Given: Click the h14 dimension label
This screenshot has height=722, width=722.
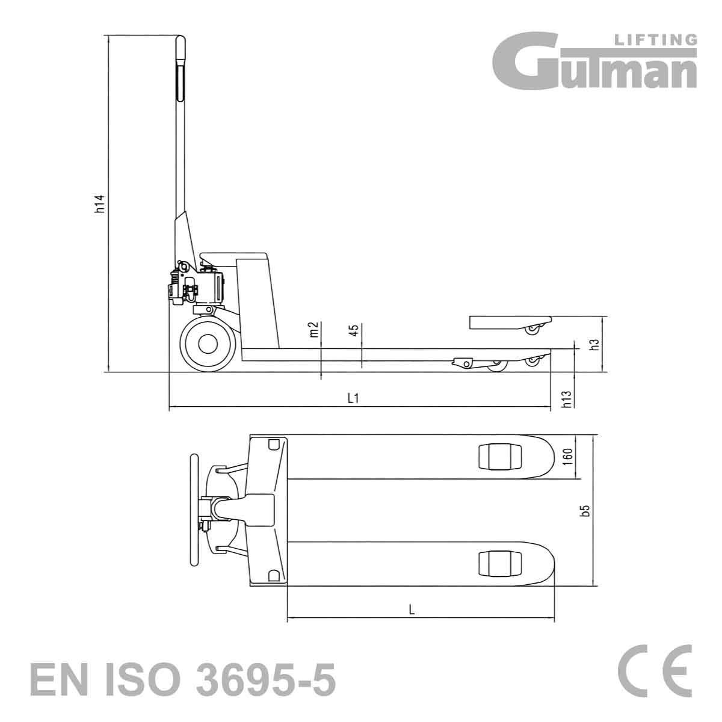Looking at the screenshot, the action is point(100,204).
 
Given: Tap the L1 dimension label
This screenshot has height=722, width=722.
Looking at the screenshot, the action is point(353,398).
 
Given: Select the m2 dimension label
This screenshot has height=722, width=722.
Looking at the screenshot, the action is point(314,329).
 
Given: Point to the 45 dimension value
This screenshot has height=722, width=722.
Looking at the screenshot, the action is point(354,329).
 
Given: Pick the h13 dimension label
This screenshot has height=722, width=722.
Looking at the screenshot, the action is point(567,400).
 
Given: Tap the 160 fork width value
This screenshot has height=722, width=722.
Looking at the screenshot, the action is point(568,457).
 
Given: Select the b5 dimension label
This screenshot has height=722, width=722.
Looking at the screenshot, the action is point(586,511).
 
